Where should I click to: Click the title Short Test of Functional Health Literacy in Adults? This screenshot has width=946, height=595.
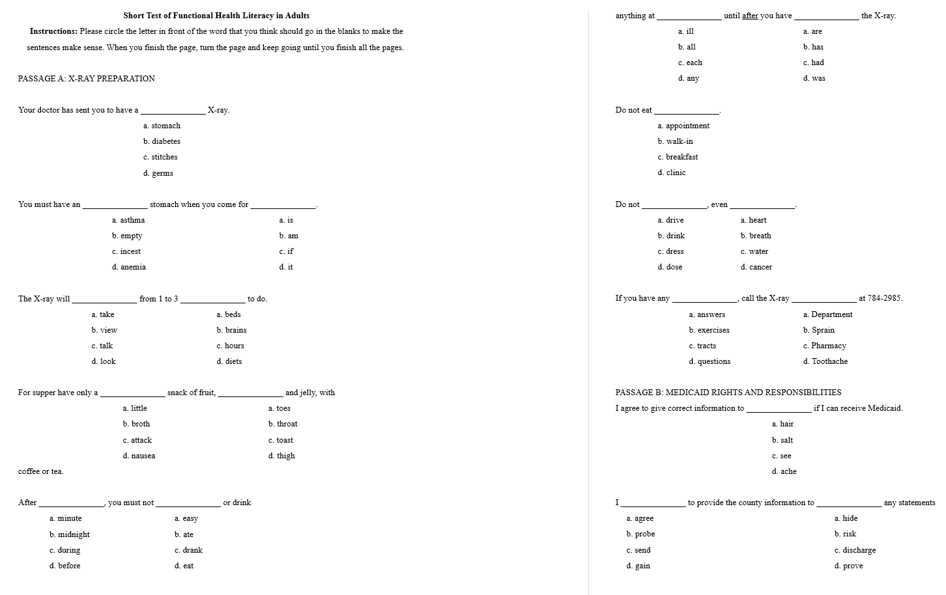pos(216,16)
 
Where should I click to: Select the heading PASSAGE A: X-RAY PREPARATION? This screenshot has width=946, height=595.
pos(87,79)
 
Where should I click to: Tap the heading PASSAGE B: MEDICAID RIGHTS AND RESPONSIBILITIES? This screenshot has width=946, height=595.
pos(728,393)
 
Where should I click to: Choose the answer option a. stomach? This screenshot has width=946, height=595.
pos(162,126)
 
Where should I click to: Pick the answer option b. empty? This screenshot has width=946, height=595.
pos(127,236)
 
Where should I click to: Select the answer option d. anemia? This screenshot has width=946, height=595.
pos(129,267)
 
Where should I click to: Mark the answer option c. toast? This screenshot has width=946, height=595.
pos(281,440)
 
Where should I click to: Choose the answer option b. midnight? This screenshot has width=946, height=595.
pos(70,534)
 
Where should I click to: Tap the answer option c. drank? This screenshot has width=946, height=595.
pos(188,550)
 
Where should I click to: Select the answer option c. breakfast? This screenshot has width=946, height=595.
pos(678,157)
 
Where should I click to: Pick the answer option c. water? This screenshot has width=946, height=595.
pos(754,251)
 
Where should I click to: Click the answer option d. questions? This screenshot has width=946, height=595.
pos(709,361)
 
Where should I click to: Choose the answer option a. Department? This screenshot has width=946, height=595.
pos(827,314)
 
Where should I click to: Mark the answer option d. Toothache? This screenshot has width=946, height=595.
pos(825,361)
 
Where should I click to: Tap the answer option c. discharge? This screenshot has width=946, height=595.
pos(855,550)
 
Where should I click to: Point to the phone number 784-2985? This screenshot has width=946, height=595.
pos(881,298)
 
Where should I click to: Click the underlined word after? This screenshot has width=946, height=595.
pos(750,16)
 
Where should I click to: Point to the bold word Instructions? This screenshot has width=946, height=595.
pos(53,31)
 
